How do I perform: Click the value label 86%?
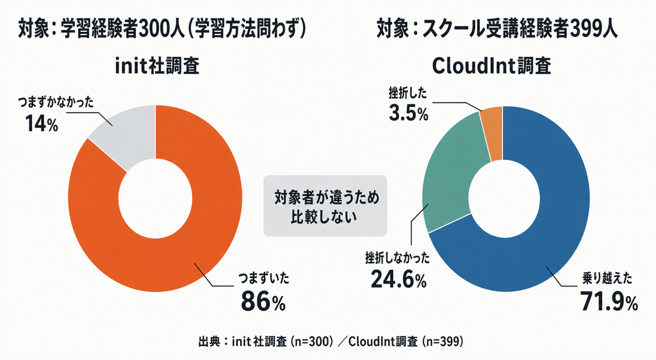click(x=263, y=302)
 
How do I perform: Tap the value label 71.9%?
click(x=609, y=302)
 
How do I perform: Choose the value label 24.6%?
click(x=398, y=280)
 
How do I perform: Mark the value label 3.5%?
click(x=408, y=113)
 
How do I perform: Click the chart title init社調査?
click(x=157, y=65)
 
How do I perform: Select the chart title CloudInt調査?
click(x=491, y=65)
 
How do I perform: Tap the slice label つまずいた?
click(x=263, y=279)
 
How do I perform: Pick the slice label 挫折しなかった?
click(x=397, y=258)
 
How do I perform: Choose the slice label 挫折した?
click(x=407, y=93)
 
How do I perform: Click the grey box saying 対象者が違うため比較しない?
click(x=325, y=206)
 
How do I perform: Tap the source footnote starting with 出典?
click(x=331, y=341)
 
